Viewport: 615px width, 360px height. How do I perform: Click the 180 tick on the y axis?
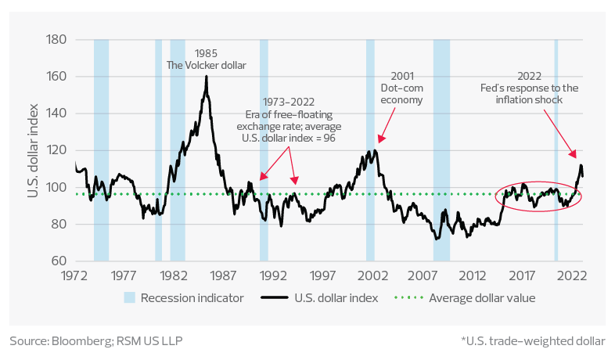(x=54, y=40)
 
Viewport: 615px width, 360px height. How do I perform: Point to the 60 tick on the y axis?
(x=57, y=261)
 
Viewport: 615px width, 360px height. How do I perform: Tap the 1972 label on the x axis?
(x=74, y=276)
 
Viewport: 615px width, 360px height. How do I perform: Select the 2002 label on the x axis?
(x=372, y=276)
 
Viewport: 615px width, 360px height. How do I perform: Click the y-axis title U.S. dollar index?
(x=34, y=150)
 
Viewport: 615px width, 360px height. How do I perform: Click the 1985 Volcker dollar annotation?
(x=207, y=59)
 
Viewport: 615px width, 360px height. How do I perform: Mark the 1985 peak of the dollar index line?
(x=206, y=76)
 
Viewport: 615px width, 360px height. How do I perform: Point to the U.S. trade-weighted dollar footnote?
(x=533, y=341)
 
